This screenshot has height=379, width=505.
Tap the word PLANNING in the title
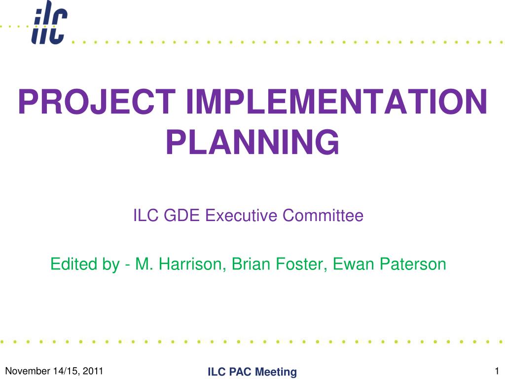tap(252, 142)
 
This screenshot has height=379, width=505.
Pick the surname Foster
tap(299, 265)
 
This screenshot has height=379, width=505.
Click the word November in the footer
tap(25, 371)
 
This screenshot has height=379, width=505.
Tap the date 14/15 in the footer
tap(65, 371)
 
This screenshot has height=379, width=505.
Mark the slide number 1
tap(497, 371)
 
